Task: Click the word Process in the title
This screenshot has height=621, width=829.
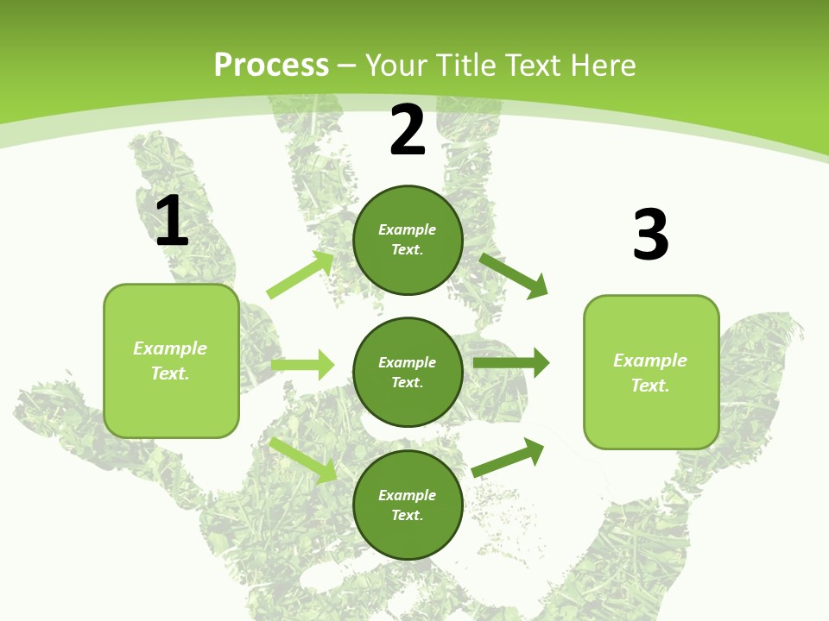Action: tap(271, 66)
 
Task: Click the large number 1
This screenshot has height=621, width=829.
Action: tap(172, 222)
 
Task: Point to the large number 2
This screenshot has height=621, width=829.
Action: tap(408, 130)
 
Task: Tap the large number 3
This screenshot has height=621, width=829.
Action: tap(651, 235)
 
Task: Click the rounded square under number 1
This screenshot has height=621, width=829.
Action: tap(171, 361)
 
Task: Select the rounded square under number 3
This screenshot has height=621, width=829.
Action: tap(651, 372)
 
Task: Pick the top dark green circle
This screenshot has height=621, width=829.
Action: tap(408, 240)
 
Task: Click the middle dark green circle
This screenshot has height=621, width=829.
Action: tap(408, 372)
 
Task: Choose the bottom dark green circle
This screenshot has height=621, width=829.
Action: tap(408, 505)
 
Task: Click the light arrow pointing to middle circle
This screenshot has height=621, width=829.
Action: tap(302, 365)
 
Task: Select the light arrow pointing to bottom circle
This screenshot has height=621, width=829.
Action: tap(303, 460)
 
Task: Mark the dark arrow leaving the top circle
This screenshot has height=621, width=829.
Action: tap(514, 275)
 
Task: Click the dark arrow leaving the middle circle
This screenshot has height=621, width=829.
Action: tap(511, 362)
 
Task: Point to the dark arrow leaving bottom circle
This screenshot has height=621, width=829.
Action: tap(509, 456)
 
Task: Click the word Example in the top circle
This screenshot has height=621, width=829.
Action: tap(408, 229)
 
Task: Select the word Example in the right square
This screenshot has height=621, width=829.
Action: tap(650, 361)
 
